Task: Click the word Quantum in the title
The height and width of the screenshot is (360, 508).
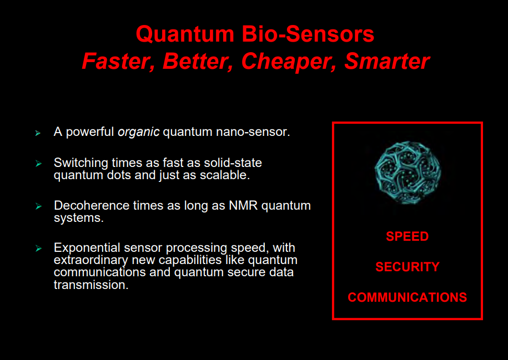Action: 185,34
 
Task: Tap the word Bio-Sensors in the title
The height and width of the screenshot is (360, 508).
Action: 308,34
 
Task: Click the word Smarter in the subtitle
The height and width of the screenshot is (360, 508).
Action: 387,61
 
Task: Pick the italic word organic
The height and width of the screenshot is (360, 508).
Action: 138,133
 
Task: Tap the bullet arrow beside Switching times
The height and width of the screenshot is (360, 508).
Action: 38,164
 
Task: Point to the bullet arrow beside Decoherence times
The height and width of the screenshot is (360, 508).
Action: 38,206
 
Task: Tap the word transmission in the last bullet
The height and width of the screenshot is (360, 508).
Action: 91,285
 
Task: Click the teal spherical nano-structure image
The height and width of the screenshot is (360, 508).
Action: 408,173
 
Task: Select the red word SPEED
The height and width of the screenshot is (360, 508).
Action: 408,236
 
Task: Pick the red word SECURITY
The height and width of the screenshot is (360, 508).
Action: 408,267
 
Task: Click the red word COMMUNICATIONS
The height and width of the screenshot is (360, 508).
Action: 408,297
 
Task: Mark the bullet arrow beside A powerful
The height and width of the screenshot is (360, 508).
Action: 38,133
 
